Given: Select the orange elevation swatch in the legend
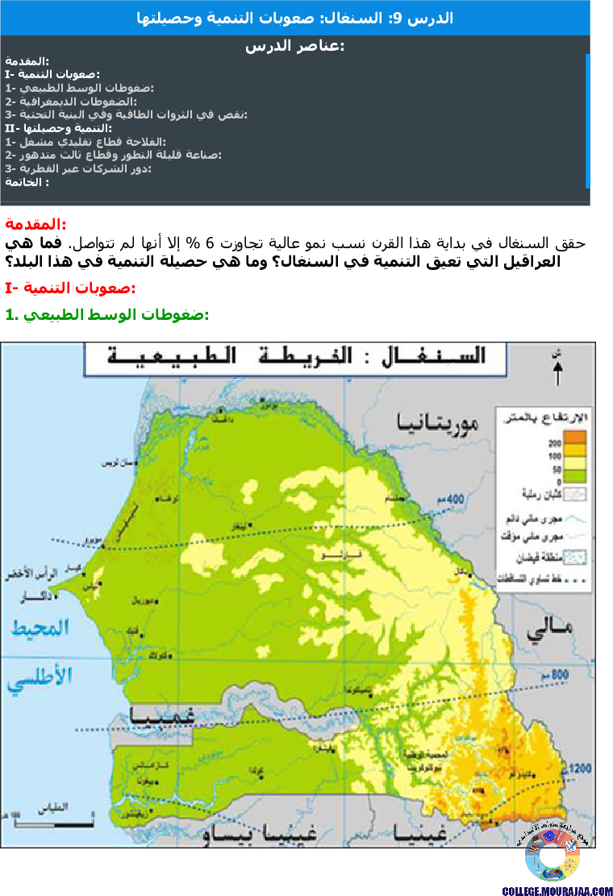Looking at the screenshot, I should [x=574, y=438].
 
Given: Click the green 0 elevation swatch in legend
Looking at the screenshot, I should [x=574, y=476].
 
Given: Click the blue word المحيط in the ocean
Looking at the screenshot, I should [x=38, y=628].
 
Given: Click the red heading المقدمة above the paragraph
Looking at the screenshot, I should [x=35, y=224].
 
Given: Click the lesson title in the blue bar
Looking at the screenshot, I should [x=295, y=18].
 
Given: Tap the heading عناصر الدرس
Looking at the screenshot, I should [x=294, y=47].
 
